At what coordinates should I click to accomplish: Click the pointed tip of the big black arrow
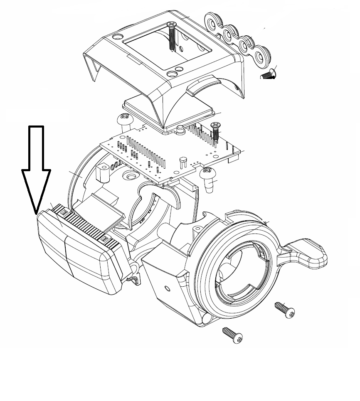click(36, 213)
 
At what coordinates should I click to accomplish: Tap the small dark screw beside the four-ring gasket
click(268, 74)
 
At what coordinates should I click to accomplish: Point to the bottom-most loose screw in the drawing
click(232, 335)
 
